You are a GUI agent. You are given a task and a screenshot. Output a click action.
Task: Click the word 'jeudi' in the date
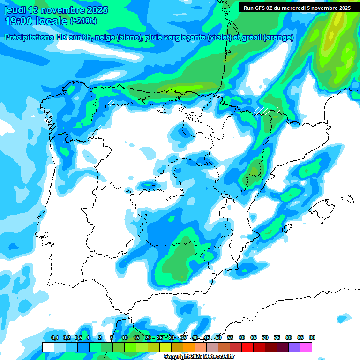pyautogui.click(x=15, y=10)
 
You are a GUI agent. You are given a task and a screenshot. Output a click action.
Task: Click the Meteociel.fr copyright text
pyautogui.click(x=199, y=357)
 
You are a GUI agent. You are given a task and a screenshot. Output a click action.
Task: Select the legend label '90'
pyautogui.click(x=312, y=337)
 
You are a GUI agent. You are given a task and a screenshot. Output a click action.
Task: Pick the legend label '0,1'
pyautogui.click(x=54, y=337)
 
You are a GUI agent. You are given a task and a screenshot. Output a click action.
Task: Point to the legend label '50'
pyautogui.click(x=218, y=337)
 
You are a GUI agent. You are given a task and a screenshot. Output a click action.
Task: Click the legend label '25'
pyautogui.click(x=160, y=337)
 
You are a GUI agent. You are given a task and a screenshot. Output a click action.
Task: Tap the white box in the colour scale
pyautogui.click(x=48, y=347)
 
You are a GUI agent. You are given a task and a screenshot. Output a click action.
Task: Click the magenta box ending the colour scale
pyautogui.click(x=306, y=347)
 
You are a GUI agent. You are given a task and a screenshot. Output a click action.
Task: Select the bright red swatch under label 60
pyautogui.click(x=247, y=347)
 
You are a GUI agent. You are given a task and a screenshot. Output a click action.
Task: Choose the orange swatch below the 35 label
pyautogui.click(x=188, y=347)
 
